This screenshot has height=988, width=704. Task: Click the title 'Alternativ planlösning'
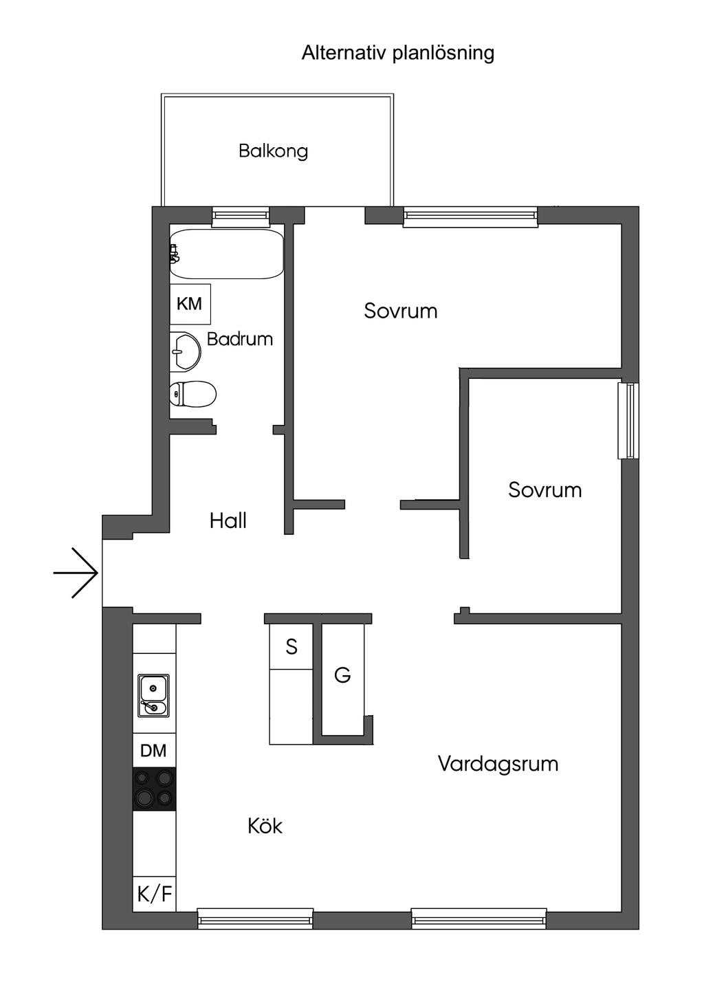397,53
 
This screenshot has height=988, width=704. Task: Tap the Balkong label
273,151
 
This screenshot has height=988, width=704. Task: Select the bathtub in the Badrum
227,254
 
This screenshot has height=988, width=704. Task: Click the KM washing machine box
190,304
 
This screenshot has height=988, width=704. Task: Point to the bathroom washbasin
185,352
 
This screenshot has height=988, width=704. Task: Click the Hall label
228,520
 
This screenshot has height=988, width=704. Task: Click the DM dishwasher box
153,750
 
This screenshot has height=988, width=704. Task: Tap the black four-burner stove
154,788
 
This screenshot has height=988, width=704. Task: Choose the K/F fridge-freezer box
155,894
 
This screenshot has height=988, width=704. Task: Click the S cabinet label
291,646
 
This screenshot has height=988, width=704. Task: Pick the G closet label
342,675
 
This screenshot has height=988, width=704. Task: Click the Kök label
265,826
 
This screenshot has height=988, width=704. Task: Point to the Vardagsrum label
498,764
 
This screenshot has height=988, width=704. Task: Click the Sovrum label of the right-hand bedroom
544,490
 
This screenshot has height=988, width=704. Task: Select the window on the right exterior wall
628,420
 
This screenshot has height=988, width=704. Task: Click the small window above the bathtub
240,216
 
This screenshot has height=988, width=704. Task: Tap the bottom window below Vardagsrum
479,918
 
